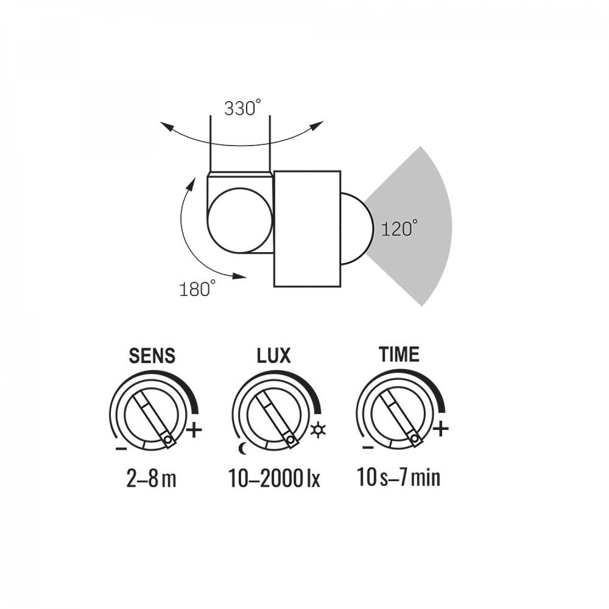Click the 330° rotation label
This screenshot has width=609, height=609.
pos(242,108)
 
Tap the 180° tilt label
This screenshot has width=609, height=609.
pos(197,289)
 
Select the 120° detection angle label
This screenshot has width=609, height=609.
pos(400,228)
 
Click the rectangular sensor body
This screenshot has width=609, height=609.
pos(307,229)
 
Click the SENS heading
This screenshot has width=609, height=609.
pos(152,356)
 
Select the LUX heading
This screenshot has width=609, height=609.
pos(274,356)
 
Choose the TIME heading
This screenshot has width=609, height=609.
pos(399,354)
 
